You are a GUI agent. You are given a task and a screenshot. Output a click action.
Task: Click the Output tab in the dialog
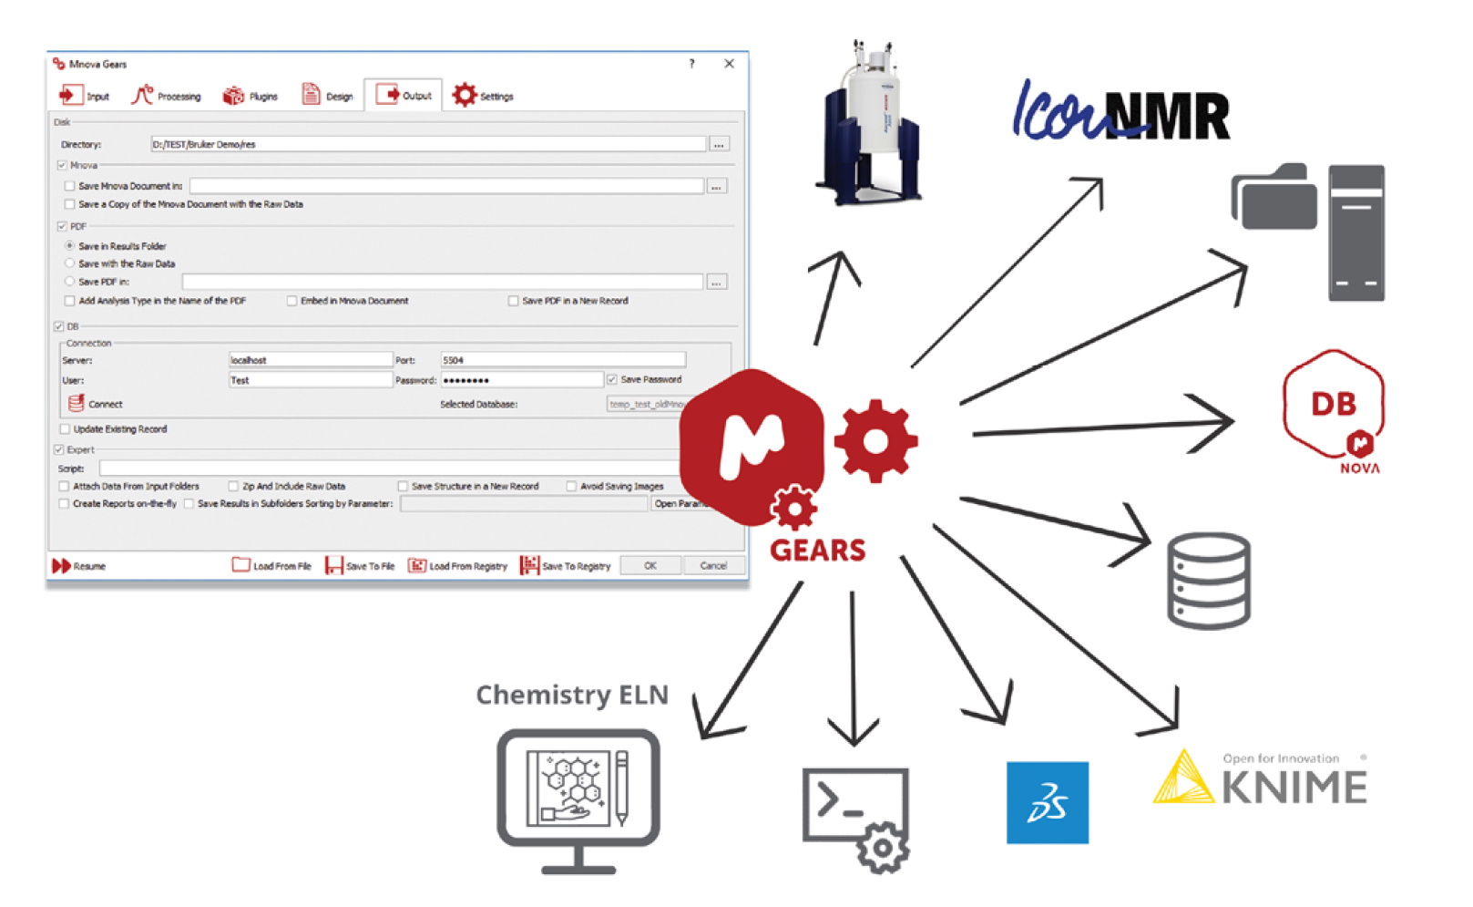pyautogui.click(x=404, y=96)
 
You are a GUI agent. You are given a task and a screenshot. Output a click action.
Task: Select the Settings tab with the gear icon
pyautogui.click(x=483, y=96)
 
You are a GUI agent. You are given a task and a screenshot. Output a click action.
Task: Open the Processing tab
pyautogui.click(x=167, y=96)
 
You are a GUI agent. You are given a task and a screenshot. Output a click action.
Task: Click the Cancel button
pyautogui.click(x=712, y=566)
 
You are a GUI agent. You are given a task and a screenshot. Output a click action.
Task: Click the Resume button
pyautogui.click(x=79, y=566)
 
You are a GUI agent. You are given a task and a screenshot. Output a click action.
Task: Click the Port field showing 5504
pyautogui.click(x=562, y=360)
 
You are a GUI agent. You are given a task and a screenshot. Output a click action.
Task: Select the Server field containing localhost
pyautogui.click(x=310, y=360)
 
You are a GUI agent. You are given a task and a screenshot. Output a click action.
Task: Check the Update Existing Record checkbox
pyautogui.click(x=65, y=429)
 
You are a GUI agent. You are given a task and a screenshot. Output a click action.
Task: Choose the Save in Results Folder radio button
pyautogui.click(x=70, y=246)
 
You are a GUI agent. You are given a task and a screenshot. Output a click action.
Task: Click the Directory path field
pyautogui.click(x=428, y=144)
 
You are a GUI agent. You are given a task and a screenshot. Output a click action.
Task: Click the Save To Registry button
pyautogui.click(x=566, y=566)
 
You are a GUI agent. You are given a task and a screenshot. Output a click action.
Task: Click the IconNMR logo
pyautogui.click(x=1120, y=114)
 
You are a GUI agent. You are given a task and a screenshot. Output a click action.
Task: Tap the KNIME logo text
pyautogui.click(x=1294, y=786)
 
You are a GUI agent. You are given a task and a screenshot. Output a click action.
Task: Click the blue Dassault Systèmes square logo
pyautogui.click(x=1047, y=802)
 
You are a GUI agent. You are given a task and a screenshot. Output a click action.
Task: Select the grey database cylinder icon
pyautogui.click(x=1209, y=581)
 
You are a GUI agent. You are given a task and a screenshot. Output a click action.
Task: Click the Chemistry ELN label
pyautogui.click(x=572, y=696)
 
